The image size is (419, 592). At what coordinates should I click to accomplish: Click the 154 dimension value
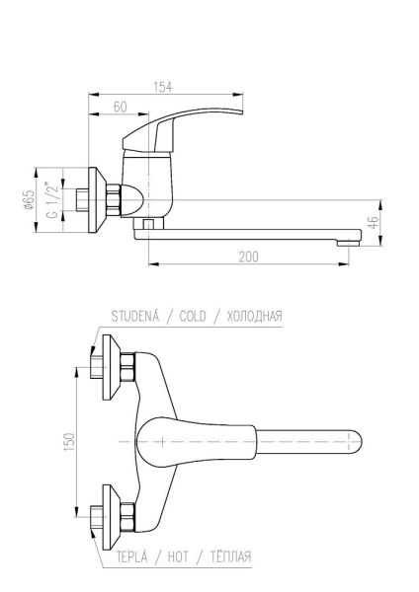pyautogui.click(x=163, y=87)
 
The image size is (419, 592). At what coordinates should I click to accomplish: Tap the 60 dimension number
pyautogui.click(x=120, y=107)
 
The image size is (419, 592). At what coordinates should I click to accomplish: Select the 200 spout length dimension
pyautogui.click(x=248, y=257)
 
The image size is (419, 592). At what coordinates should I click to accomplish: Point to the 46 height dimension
pyautogui.click(x=373, y=222)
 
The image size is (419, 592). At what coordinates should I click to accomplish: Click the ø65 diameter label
pyautogui.click(x=29, y=199)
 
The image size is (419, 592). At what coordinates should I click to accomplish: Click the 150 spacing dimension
pyautogui.click(x=70, y=441)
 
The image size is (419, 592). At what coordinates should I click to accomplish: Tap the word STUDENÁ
pyautogui.click(x=135, y=316)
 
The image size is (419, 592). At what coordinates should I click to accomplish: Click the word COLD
pyautogui.click(x=193, y=316)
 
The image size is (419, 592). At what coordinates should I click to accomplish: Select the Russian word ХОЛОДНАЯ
pyautogui.click(x=255, y=316)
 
